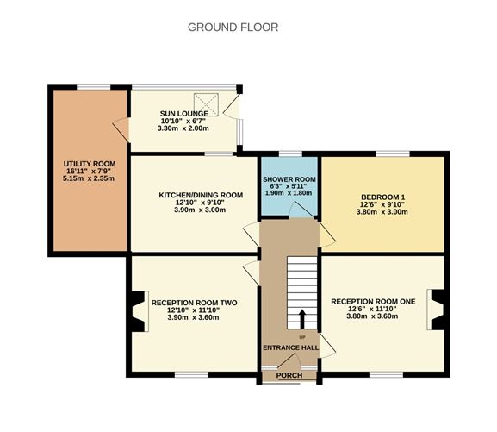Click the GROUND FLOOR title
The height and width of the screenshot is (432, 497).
coord(233,27)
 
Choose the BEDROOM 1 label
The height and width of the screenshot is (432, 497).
coord(383,197)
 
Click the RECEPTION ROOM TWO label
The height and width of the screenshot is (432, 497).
coord(194,303)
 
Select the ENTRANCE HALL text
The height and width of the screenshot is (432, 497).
coord(290,347)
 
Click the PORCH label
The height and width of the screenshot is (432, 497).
coord(289,375)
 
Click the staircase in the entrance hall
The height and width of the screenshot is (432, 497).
coord(301,285)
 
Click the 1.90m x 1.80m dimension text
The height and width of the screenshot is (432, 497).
coord(289,193)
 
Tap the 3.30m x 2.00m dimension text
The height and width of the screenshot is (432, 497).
coord(183,128)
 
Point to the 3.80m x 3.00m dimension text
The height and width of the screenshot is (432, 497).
coord(383,212)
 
